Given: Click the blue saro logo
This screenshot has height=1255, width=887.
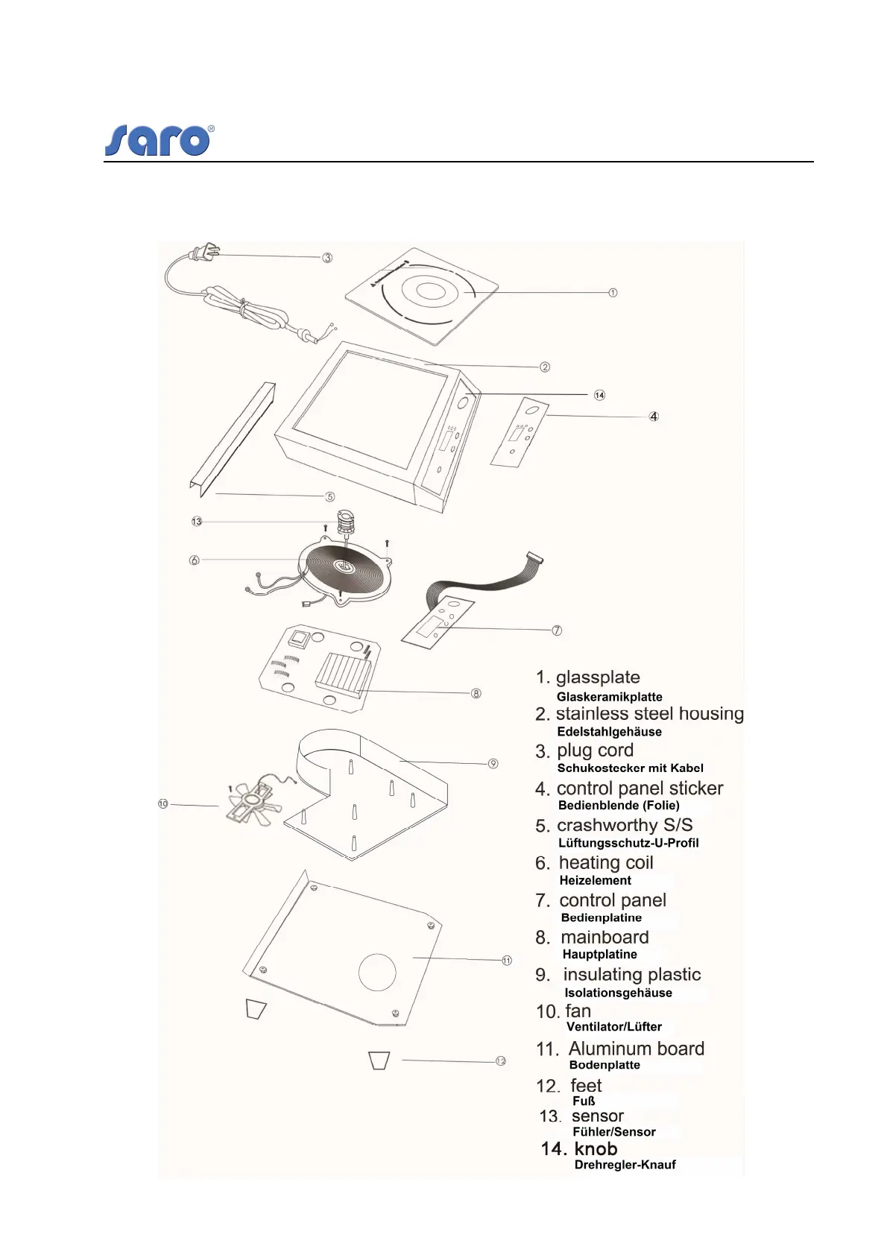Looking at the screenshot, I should pyautogui.click(x=159, y=139).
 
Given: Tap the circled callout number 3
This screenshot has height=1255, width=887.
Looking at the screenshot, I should pyautogui.click(x=327, y=258).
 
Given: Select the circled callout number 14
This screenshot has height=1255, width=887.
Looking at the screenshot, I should pyautogui.click(x=599, y=395).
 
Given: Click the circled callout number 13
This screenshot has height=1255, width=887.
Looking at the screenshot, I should pyautogui.click(x=197, y=522).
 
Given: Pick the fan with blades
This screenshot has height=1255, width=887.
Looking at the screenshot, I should pyautogui.click(x=253, y=803).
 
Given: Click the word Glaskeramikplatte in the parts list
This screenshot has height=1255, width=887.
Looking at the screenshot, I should pyautogui.click(x=609, y=697).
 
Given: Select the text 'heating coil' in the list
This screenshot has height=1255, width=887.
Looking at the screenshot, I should pyautogui.click(x=605, y=862).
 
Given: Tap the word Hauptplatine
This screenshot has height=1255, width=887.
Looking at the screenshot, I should pyautogui.click(x=599, y=954).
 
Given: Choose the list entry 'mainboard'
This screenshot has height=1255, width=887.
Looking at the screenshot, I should pyautogui.click(x=604, y=937).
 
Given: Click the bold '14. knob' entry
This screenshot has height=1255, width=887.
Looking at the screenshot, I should pyautogui.click(x=579, y=1148).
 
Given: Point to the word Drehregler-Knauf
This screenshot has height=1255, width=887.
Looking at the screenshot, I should pyautogui.click(x=625, y=1165).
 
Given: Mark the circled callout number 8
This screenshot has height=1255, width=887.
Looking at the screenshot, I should pyautogui.click(x=476, y=693).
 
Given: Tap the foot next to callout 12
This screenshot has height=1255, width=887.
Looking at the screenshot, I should pyautogui.click(x=379, y=1060).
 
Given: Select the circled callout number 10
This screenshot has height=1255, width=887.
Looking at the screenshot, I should pyautogui.click(x=163, y=803).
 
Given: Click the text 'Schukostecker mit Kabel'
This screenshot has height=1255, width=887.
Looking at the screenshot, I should pyautogui.click(x=630, y=768).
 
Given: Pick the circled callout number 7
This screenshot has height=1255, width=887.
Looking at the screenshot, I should pyautogui.click(x=557, y=630).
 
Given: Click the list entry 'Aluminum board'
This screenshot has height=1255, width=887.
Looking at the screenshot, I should pyautogui.click(x=636, y=1049).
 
